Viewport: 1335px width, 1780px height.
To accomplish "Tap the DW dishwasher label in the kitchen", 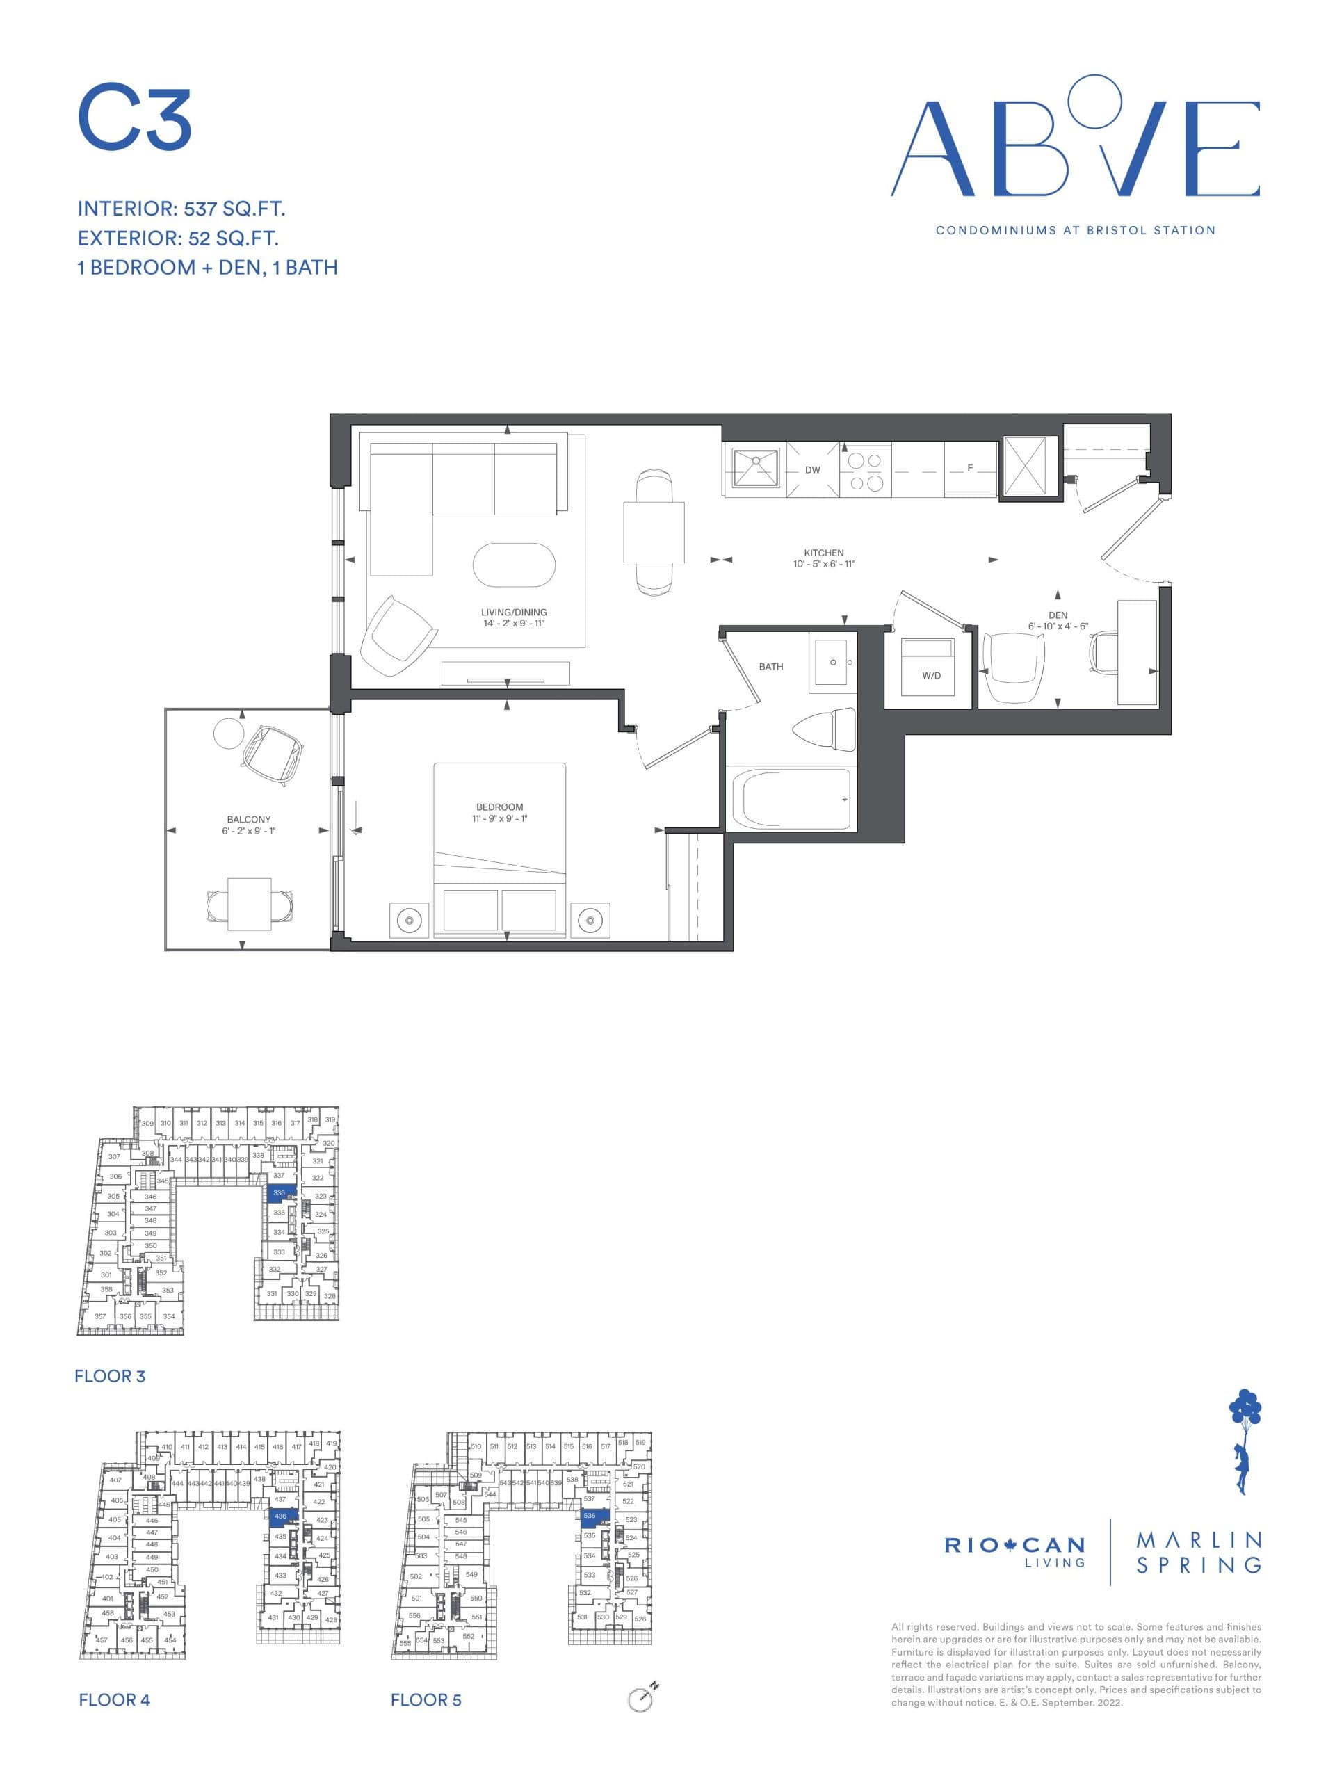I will point(812,470).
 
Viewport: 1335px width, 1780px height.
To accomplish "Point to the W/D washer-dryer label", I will point(931,675).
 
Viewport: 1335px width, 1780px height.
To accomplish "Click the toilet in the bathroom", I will point(825,729).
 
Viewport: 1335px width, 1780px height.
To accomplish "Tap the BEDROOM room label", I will point(499,807).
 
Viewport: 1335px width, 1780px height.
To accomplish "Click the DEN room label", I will point(1058,615).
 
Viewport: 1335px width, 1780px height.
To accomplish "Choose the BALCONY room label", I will point(249,819).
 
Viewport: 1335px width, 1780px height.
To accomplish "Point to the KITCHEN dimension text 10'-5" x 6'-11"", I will point(823,564).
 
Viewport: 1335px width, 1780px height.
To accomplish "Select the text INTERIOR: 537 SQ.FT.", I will point(181,209).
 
